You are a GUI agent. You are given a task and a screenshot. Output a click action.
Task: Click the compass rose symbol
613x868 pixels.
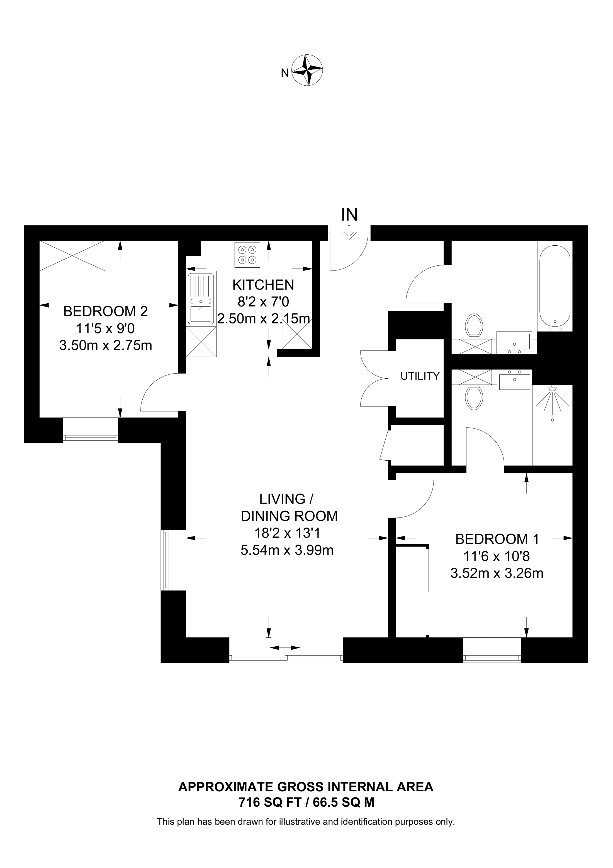point(308,70)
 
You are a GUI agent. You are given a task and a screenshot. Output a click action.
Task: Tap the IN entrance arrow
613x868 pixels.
point(349,232)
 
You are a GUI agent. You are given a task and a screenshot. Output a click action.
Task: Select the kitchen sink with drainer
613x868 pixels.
point(201,299)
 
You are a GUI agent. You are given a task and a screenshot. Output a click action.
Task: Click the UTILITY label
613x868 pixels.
point(420,376)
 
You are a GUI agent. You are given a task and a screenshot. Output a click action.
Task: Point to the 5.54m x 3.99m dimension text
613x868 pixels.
point(287,550)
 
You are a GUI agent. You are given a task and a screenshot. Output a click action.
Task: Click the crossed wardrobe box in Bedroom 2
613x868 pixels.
point(72,256)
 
